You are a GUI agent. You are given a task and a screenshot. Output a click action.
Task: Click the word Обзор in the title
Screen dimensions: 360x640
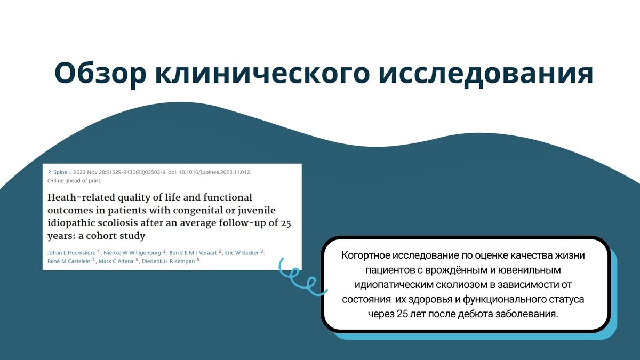point(100,73)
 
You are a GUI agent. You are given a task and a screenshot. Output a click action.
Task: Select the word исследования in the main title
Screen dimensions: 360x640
point(486,73)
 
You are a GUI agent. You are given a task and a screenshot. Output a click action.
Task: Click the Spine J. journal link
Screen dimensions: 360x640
point(63,172)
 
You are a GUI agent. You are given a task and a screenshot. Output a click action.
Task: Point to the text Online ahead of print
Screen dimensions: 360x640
point(75,180)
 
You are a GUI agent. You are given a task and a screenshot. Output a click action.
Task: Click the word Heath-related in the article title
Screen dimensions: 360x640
point(78,198)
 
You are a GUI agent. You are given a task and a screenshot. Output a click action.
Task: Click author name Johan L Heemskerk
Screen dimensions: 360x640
point(71,252)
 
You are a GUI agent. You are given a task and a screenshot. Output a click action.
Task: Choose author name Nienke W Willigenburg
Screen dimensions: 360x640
point(133,252)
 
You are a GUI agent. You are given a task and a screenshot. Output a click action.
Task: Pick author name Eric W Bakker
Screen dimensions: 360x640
point(242,252)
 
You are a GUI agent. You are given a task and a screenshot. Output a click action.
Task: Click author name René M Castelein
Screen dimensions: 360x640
point(69,261)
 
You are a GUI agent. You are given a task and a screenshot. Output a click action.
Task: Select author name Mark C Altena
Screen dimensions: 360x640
point(117,261)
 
